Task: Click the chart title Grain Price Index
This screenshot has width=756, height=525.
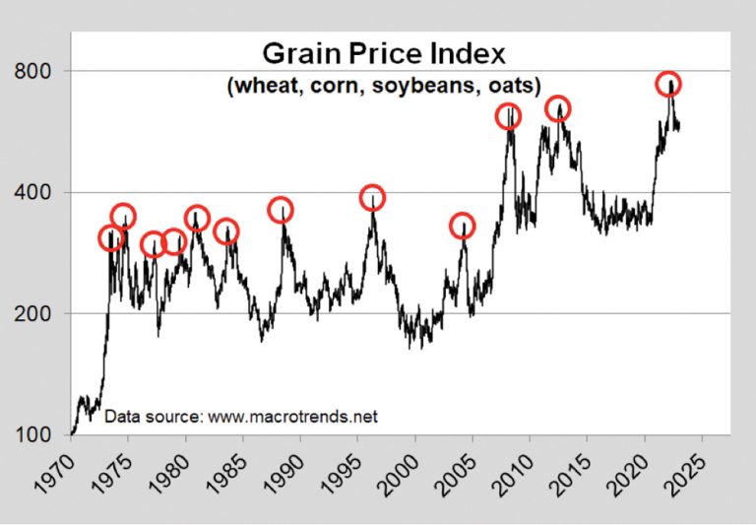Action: tap(384, 53)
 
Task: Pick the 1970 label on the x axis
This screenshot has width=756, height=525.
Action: tap(55, 468)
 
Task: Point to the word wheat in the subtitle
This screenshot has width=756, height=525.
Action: tap(260, 86)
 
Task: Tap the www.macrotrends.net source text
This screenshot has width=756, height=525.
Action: tap(293, 416)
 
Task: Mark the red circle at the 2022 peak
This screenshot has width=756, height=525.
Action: tap(669, 84)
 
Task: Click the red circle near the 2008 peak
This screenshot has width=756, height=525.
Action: tap(508, 116)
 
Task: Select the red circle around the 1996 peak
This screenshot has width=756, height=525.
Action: tap(372, 198)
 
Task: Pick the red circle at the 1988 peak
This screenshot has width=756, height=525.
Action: tap(282, 209)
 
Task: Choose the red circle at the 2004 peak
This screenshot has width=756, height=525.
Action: tap(462, 227)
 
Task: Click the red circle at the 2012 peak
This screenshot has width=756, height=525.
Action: tap(558, 108)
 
